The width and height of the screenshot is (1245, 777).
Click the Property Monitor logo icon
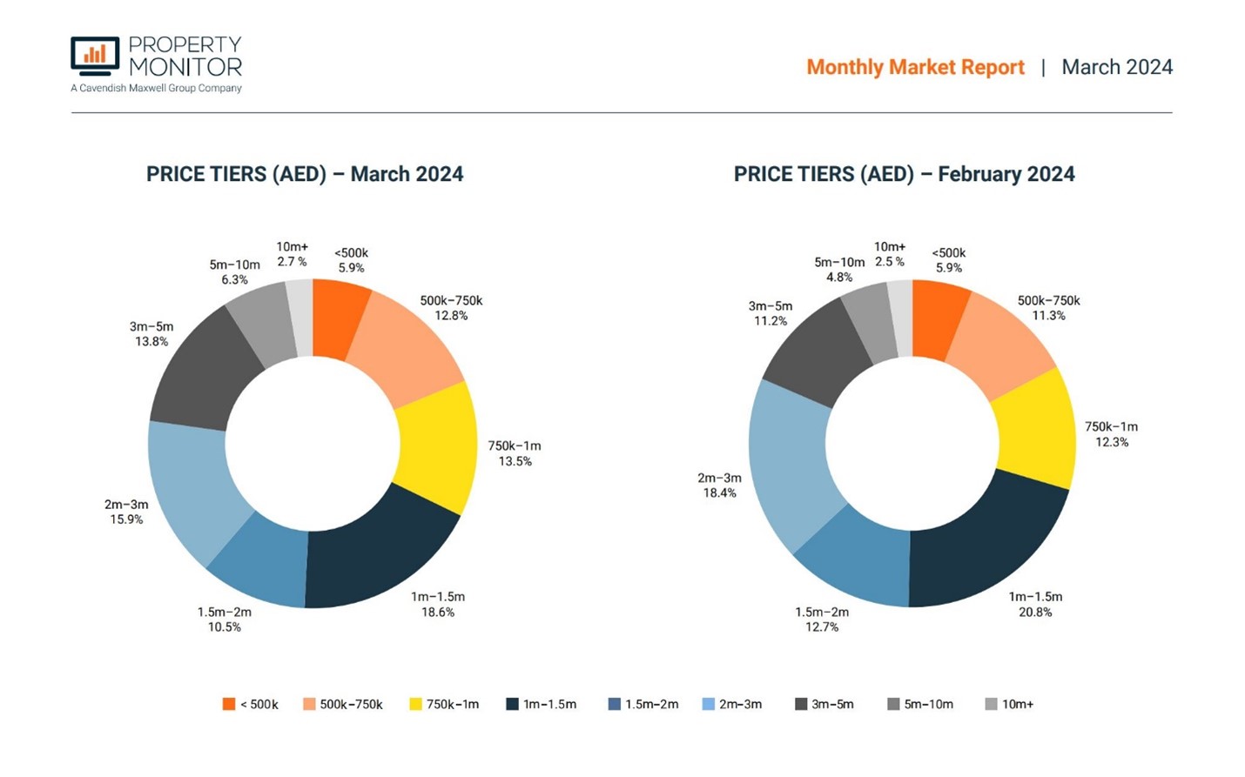[95, 57]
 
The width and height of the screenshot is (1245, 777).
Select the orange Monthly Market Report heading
[915, 67]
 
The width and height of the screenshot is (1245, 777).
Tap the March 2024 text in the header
[1117, 67]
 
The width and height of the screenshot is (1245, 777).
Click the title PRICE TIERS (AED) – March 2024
[305, 174]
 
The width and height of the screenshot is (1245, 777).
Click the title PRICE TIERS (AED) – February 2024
[904, 174]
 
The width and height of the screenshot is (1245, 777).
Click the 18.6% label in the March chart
[438, 613]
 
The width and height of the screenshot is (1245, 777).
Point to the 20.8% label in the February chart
[1035, 613]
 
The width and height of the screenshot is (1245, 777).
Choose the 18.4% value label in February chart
[719, 493]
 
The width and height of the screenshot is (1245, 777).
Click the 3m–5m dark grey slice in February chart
[805, 344]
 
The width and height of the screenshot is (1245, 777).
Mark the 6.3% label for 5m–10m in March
[234, 280]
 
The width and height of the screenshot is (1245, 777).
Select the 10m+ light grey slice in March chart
[299, 318]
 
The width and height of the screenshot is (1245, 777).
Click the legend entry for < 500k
[250, 705]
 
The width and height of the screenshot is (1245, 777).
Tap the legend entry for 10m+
[1009, 705]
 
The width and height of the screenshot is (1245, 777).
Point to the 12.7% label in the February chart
[821, 627]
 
